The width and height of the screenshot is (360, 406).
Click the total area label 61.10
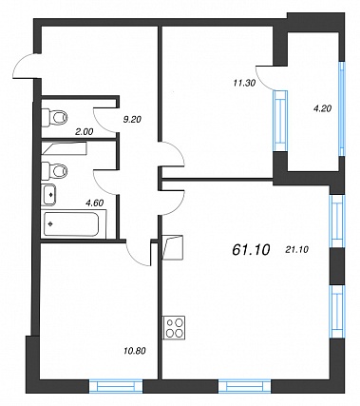[x=251, y=250]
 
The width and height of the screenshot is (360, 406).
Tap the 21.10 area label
[x=296, y=250]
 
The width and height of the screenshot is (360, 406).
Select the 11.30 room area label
[x=244, y=83]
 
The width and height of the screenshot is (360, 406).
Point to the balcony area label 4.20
[x=323, y=108]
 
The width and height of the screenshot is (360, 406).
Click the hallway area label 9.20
[x=132, y=120]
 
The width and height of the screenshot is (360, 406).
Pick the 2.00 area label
[x=84, y=132]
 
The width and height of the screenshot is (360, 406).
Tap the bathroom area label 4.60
[x=95, y=203]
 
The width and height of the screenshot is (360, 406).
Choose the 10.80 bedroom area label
[x=134, y=351]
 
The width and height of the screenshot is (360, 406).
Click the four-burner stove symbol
[x=174, y=327]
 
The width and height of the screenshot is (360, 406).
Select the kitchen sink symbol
[x=173, y=247]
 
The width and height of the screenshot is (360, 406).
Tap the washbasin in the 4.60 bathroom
[x=49, y=194]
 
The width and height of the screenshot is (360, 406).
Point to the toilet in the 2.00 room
[x=55, y=118]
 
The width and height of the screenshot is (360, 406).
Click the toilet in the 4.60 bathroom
[x=55, y=171]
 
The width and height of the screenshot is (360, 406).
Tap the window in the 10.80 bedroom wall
[x=116, y=387]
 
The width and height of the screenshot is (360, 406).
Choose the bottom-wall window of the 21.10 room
[x=245, y=387]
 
